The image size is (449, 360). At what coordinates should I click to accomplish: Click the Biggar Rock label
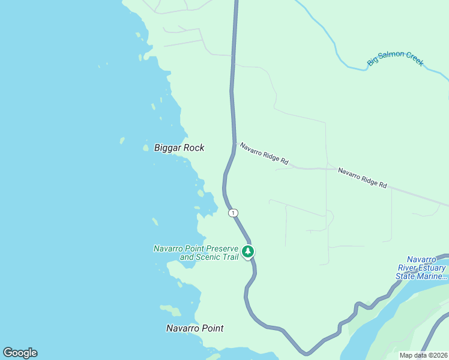(x=179, y=148)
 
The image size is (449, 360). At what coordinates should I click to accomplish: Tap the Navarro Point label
(x=194, y=328)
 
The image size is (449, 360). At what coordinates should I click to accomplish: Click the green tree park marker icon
(x=248, y=251)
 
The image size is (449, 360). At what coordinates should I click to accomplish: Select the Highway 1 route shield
(x=233, y=213)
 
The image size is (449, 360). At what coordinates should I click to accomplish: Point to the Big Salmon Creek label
(x=396, y=59)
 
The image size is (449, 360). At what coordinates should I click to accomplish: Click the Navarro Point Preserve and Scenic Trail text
(x=196, y=253)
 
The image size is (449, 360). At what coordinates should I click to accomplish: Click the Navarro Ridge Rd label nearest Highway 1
(x=264, y=154)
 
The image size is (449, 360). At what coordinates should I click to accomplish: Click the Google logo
(x=20, y=353)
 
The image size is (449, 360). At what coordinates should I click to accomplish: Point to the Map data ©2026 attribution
(x=423, y=355)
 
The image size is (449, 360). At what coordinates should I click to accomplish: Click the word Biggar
(x=167, y=148)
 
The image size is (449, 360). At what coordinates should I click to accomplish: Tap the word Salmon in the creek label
(x=393, y=59)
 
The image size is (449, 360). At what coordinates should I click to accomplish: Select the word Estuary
(x=432, y=268)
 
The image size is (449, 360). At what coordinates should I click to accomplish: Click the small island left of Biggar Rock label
(x=145, y=148)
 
